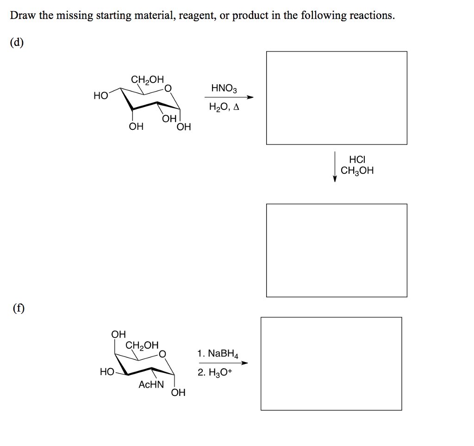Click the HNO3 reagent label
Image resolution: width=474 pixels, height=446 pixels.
click(x=224, y=88)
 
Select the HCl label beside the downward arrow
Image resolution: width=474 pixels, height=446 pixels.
click(x=357, y=159)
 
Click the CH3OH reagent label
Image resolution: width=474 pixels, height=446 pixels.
click(x=357, y=171)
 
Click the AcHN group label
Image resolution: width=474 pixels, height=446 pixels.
click(x=151, y=384)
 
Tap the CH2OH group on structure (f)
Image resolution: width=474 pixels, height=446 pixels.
click(x=142, y=345)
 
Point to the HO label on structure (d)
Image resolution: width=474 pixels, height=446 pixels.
click(x=100, y=96)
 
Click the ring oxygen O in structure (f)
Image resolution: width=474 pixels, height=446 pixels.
click(x=162, y=354)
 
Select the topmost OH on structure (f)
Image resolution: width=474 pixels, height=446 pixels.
click(x=118, y=334)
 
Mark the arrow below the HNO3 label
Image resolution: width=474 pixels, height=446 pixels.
click(x=229, y=97)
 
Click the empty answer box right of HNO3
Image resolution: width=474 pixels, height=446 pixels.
click(x=337, y=98)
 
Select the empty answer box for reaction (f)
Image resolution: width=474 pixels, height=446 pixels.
click(x=331, y=363)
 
